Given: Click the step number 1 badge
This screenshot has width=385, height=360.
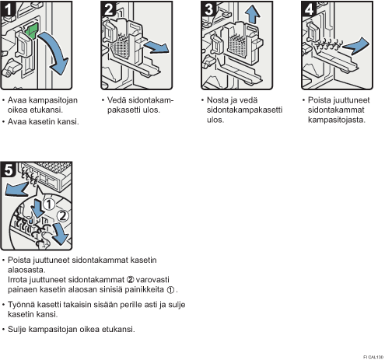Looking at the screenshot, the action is click(x=9, y=9).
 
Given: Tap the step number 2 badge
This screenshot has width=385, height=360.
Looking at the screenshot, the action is click(x=109, y=9).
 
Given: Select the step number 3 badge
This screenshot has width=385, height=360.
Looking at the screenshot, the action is click(x=209, y=9).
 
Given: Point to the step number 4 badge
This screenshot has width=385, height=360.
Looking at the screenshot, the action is click(x=310, y=9).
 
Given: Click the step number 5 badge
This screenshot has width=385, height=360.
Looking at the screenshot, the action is click(x=9, y=170).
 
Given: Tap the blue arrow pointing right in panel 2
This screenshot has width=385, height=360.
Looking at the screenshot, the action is click(x=156, y=47).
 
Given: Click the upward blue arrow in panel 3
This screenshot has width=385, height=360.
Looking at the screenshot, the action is click(x=252, y=14).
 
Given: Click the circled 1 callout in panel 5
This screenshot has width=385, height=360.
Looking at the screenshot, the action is click(x=49, y=204).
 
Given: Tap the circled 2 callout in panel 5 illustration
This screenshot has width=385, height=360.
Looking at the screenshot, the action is click(x=63, y=215).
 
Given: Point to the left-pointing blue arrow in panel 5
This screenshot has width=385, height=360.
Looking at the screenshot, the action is click(x=16, y=189).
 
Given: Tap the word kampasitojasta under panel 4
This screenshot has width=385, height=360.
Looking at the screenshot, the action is click(x=337, y=120).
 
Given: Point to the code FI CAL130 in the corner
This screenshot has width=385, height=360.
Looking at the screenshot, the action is click(x=373, y=357).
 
